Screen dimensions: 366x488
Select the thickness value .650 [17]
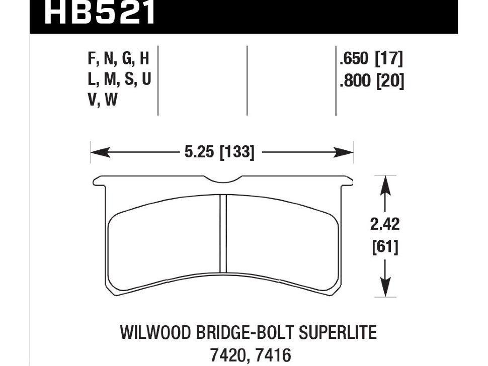pos(371,60)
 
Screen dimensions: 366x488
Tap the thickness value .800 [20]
pos(371,80)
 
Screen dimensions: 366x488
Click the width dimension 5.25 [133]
pos(219,151)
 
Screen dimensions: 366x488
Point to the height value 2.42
pos(384,224)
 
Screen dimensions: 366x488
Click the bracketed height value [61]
pos(384,247)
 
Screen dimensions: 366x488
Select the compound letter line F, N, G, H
pos(119,60)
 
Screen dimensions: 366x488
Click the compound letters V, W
pos(103,101)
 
